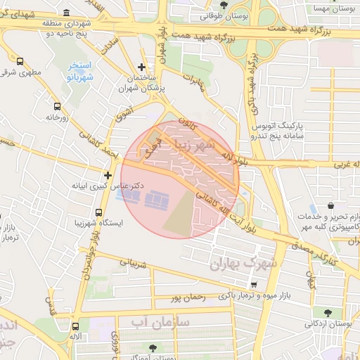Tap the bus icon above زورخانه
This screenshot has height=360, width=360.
pyautogui.click(x=57, y=107)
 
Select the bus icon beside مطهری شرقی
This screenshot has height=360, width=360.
pyautogui.click(x=20, y=61)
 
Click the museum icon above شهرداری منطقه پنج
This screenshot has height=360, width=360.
pyautogui.click(x=66, y=12)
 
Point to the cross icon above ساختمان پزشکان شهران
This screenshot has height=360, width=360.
pyautogui.click(x=141, y=66)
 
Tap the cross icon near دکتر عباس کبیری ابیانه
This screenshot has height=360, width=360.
pyautogui.click(x=108, y=175)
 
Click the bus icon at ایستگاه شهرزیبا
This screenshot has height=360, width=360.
pyautogui.click(x=98, y=212)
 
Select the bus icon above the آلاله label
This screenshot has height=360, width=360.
pyautogui.click(x=75, y=326)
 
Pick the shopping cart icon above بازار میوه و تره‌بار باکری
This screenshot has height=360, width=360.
pyautogui.click(x=253, y=285)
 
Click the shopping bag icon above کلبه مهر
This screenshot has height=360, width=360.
pyautogui.click(x=313, y=210)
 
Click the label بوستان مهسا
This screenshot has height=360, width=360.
pyautogui.click(x=333, y=8)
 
